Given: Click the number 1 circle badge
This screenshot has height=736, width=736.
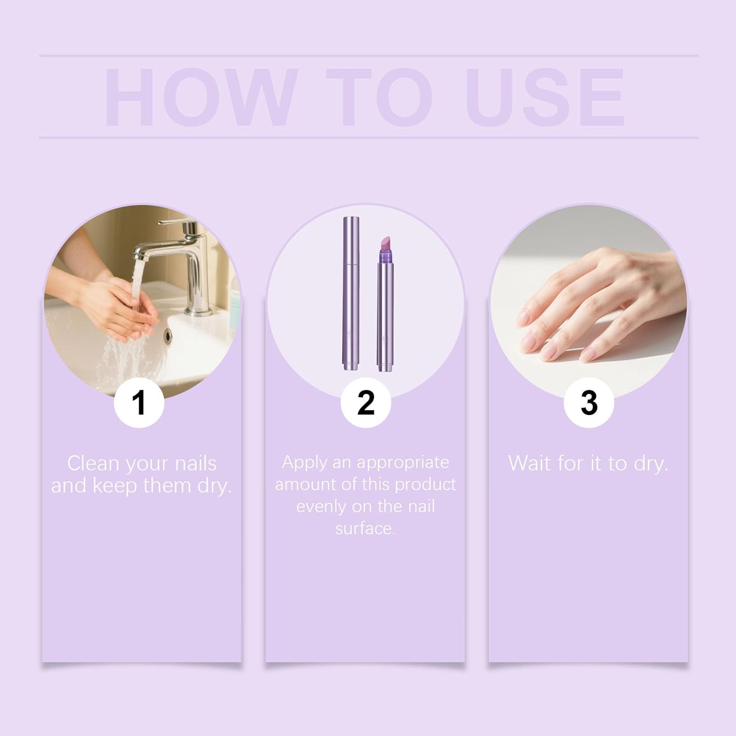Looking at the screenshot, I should click(139, 402).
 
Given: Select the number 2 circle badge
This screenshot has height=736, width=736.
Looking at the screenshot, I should click(366, 402).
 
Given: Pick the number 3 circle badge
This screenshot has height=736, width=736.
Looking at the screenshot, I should click(588, 402).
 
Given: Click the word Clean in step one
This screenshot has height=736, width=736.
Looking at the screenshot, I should click(93, 464).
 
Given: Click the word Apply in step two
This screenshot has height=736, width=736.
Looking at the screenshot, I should click(304, 462).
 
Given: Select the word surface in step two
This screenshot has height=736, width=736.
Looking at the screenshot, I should click(365, 528).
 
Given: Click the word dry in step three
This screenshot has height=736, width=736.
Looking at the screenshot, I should click(650, 464).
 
